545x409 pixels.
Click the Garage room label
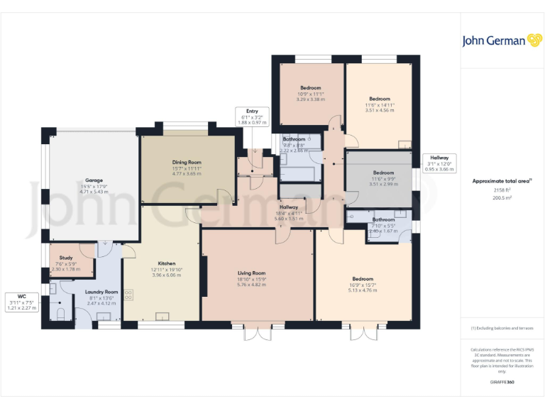pos(94,181)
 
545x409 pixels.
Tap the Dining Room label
pos(187,163)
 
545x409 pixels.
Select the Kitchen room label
pos(167,263)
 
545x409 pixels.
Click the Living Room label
pos(251,273)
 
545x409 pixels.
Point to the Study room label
pos(66,258)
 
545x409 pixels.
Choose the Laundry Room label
pos(101,292)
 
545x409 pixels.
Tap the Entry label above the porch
pos(252,111)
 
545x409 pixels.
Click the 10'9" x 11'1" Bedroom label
pos(309,88)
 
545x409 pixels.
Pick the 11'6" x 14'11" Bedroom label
pos(380,99)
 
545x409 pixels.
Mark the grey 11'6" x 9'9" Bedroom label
pos(383,173)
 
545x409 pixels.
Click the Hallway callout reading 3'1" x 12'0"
pos(439,159)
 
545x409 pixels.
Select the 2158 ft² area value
pos(502,191)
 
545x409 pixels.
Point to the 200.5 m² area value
pos(502,199)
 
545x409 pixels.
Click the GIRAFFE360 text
pos(502,383)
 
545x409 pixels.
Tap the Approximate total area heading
pos(502,181)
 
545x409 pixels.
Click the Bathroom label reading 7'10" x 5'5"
pos(384,220)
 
